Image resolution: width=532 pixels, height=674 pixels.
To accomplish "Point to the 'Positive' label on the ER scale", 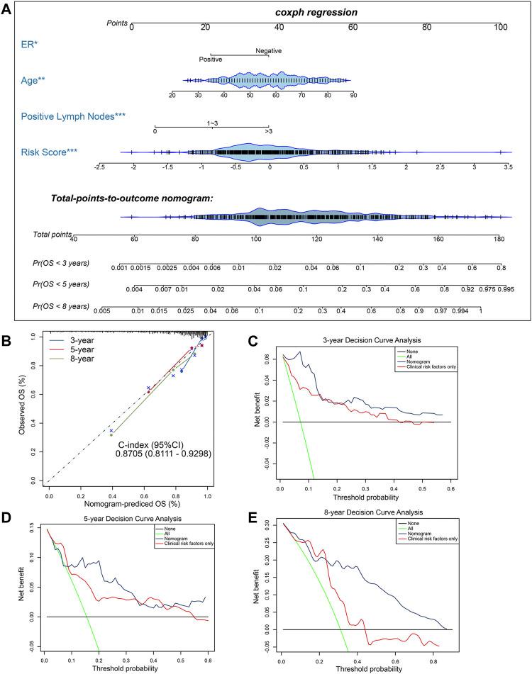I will click(x=210, y=60).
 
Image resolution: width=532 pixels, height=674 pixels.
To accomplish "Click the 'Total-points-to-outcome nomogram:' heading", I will click(x=133, y=198).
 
